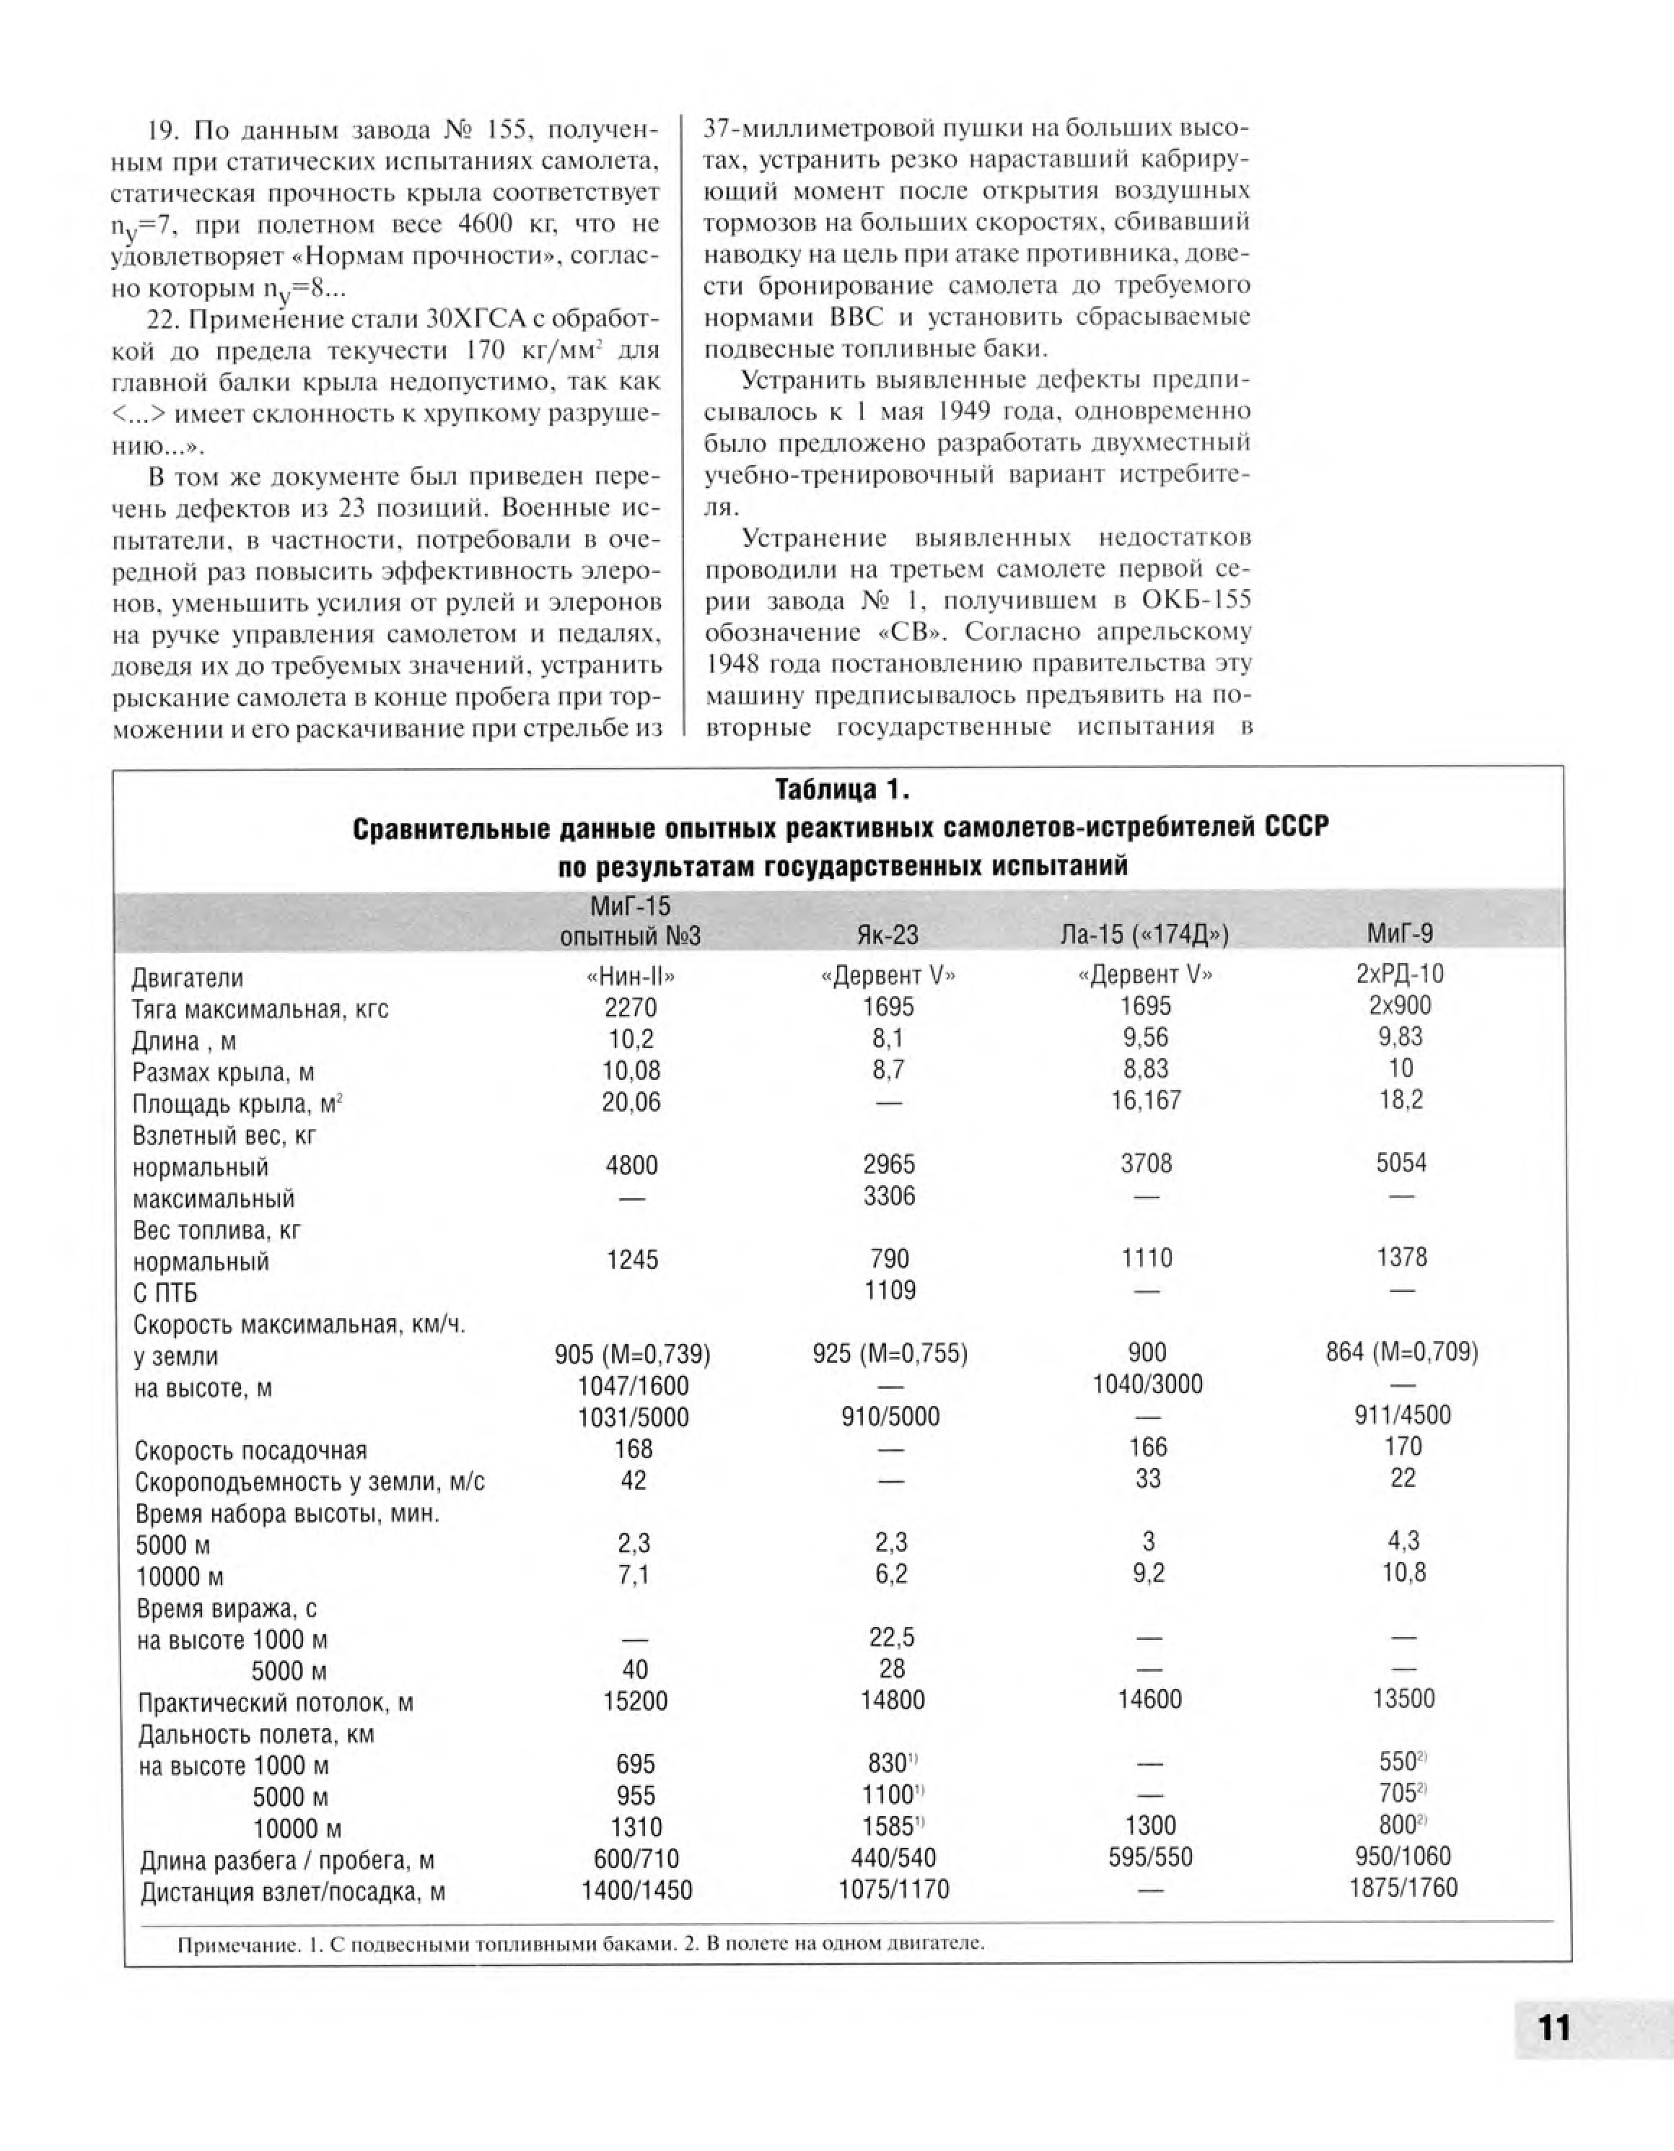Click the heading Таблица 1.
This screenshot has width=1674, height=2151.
pos(842,790)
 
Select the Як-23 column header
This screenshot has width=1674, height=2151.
pos(888,934)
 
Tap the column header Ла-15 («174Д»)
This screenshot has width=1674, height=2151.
pos(1144,934)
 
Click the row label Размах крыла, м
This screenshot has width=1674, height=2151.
pos(222,1073)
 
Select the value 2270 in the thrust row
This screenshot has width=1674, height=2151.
pos(630,1008)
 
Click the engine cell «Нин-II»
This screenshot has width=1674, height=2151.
pos(630,976)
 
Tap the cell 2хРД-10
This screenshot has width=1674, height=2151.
pos(1399,974)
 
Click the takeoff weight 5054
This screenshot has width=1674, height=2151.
pos(1401,1163)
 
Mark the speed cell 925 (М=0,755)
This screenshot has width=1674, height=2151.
pos(889,1353)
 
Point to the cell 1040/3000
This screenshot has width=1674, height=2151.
pos(1147,1384)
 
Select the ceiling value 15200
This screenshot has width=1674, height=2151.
pos(635,1701)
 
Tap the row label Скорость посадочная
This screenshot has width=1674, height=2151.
pos(250,1451)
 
